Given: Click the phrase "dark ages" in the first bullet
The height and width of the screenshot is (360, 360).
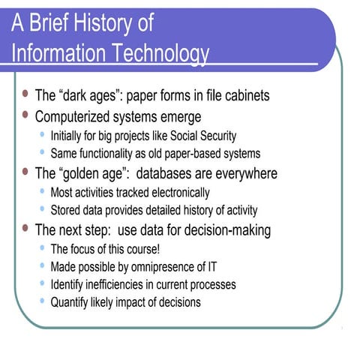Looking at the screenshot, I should (x=88, y=96).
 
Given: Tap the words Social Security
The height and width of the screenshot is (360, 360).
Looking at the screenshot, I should (x=202, y=136).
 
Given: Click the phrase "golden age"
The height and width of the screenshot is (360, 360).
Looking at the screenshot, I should (x=91, y=173).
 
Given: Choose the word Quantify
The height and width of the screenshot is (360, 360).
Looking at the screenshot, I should (x=70, y=303).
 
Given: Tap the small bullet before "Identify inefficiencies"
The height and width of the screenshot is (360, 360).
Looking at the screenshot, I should (x=42, y=284).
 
